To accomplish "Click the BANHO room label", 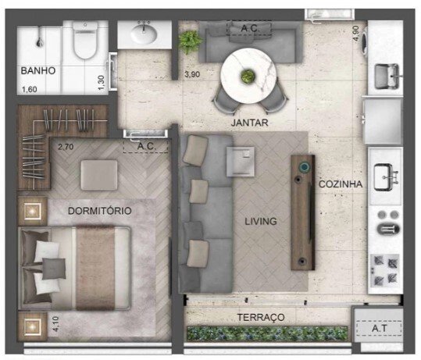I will click(x=37, y=71).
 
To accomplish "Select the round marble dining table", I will click(x=249, y=75).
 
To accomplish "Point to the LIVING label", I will click(x=260, y=221).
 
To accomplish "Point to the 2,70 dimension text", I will click(x=66, y=145).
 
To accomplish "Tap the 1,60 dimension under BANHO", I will click(x=28, y=88).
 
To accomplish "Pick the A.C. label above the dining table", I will click(x=250, y=28).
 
